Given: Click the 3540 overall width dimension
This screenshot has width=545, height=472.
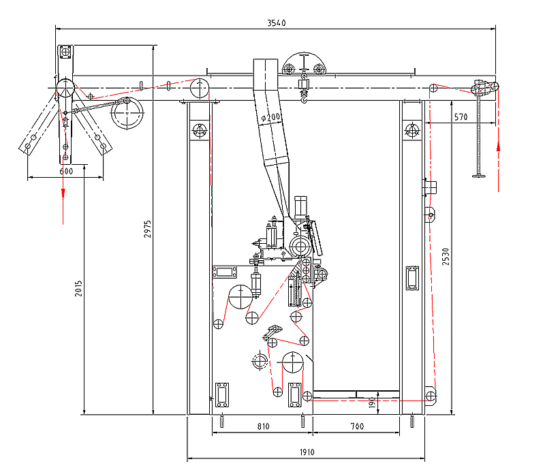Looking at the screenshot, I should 276,22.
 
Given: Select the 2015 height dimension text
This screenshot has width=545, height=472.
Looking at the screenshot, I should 78,292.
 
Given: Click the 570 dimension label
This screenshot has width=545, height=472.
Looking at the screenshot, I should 461,117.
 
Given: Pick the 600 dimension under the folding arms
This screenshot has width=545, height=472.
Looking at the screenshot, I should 65,172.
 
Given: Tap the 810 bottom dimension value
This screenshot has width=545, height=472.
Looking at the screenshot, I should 263,426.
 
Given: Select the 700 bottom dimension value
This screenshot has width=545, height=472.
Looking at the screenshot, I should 357,426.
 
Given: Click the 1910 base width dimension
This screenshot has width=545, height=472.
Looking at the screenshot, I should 305,452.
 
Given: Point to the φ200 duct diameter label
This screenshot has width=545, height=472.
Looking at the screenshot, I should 272,118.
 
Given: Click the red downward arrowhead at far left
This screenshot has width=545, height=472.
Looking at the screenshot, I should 63,193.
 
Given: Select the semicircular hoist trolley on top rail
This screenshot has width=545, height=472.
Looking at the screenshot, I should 305,66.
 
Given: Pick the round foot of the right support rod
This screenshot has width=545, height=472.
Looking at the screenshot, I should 481,176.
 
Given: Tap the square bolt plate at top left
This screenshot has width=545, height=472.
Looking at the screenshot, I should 65,52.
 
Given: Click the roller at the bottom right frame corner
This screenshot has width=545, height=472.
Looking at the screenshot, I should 430,395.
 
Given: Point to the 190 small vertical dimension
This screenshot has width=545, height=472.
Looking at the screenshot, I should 372,403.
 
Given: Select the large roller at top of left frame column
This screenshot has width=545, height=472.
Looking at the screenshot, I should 200,89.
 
